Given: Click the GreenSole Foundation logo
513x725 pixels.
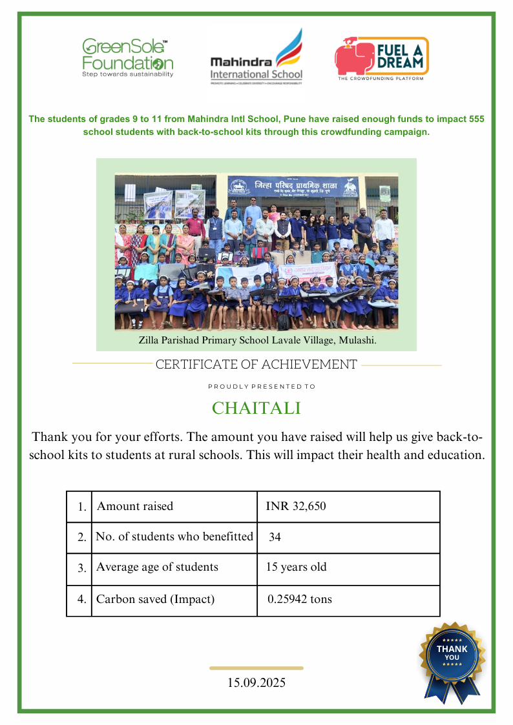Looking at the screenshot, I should point(127,58).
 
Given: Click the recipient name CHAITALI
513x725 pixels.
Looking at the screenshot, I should point(256,409).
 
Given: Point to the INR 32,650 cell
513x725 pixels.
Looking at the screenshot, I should point(296,506).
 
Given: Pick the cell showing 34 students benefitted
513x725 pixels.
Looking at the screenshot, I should point(275,537).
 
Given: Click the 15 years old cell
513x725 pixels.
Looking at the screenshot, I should point(297,567).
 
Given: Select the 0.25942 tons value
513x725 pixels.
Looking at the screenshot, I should point(300,599).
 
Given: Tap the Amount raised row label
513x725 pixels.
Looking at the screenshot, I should point(135,506).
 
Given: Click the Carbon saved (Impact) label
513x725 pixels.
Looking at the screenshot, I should point(155,599).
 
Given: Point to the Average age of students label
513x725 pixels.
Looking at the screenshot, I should point(157,567).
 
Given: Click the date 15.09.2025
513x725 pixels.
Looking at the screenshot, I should point(256,682).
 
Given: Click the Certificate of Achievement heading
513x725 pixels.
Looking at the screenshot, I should point(256,365).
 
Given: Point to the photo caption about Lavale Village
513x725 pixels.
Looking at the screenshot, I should point(257,340).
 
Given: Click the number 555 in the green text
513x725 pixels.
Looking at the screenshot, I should point(476,119).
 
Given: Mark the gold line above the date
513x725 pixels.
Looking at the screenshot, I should point(256,668).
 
